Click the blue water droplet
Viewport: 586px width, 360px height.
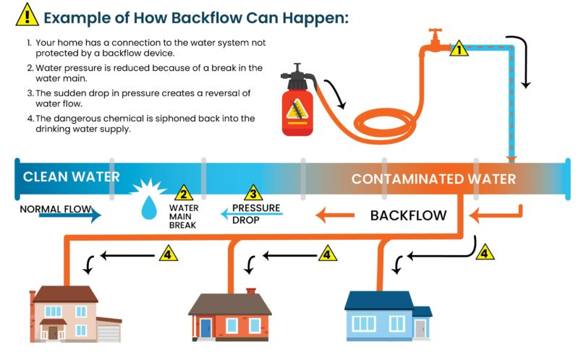tap(149, 209)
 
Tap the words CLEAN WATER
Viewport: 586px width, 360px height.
tap(71, 177)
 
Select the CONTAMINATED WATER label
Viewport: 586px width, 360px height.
tap(433, 179)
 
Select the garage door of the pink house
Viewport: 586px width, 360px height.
tap(107, 332)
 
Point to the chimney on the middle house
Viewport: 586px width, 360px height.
tap(251, 292)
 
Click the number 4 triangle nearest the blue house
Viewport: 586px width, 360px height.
tap(484, 253)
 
